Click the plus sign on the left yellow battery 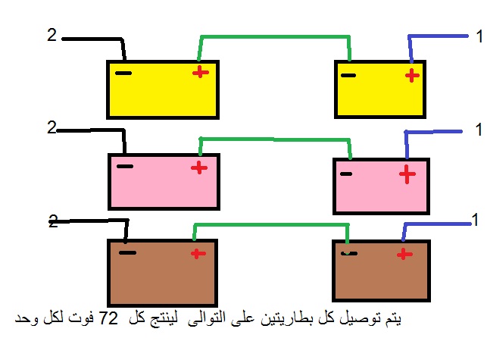click(x=201, y=73)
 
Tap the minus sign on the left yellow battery click(x=123, y=74)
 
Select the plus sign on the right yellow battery click(x=413, y=76)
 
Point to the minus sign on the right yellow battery click(x=348, y=75)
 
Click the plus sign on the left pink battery click(x=199, y=168)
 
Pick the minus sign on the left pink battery click(x=125, y=166)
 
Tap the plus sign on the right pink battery click(x=407, y=174)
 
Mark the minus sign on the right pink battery click(x=346, y=174)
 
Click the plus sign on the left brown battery click(x=198, y=254)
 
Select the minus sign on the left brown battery click(x=128, y=252)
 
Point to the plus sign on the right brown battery click(x=404, y=255)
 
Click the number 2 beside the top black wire click(x=52, y=35)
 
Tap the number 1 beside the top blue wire click(x=479, y=36)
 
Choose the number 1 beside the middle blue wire click(x=479, y=130)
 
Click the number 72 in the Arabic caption click(x=108, y=318)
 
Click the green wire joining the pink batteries click(x=275, y=139)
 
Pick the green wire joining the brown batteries click(x=271, y=224)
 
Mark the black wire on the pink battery click(x=92, y=130)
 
